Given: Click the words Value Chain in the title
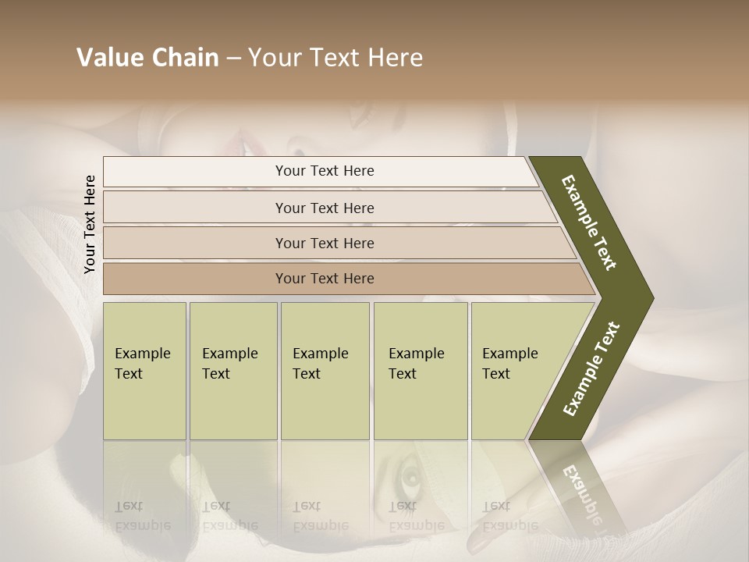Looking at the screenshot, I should (147, 58).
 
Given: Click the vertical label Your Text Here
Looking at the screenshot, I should (90, 225).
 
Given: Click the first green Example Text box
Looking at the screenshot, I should (144, 371).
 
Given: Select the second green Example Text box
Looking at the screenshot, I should (233, 371).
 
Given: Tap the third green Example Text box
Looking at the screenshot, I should (325, 371).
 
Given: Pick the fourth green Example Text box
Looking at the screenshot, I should (421, 371).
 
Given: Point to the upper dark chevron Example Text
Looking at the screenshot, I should (589, 222).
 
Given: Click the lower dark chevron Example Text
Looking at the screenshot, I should (591, 369).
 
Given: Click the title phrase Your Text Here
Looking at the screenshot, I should (335, 58).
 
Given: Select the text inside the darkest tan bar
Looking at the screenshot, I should (325, 279).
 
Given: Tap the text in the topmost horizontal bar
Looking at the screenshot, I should (325, 171).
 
